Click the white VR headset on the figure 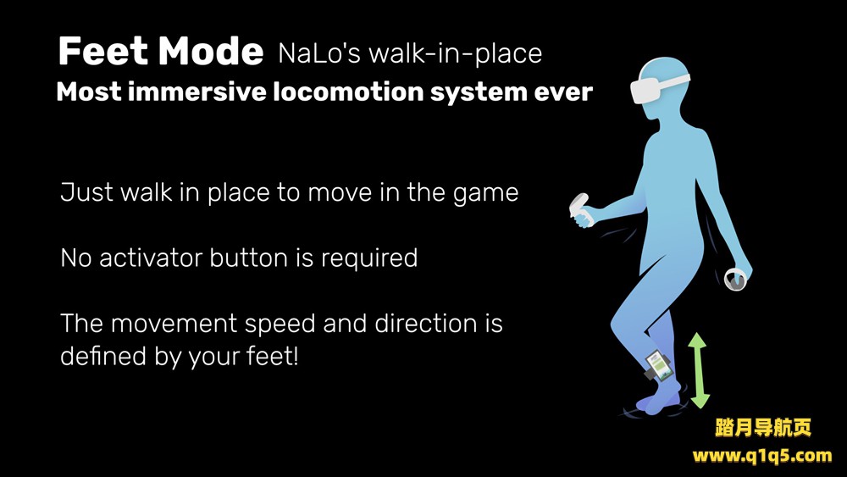[x=656, y=86]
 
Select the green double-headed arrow [x=697, y=370]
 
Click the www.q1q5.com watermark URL [x=762, y=456]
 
